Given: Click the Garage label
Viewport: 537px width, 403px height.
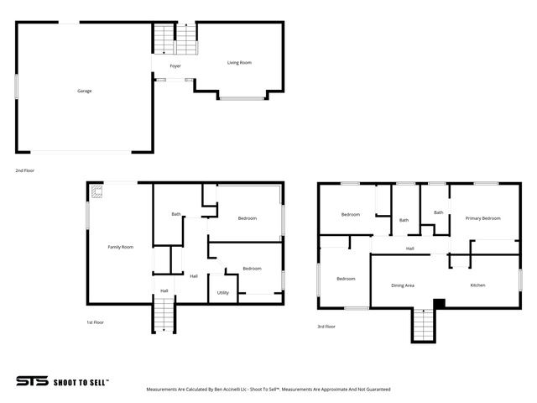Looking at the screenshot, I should (85, 91).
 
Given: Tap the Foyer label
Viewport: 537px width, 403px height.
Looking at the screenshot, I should (175, 65).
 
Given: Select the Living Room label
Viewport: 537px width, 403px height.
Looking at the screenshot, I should (239, 63).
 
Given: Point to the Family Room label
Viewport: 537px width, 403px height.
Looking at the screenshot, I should (120, 247).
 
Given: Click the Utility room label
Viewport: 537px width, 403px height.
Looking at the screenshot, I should (223, 292).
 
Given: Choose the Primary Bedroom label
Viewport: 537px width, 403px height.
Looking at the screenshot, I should (482, 218).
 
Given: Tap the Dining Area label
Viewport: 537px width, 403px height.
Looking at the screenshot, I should (403, 285).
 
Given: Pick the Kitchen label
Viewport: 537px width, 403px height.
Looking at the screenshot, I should (477, 285).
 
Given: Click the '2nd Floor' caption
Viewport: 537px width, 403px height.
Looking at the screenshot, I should (24, 170).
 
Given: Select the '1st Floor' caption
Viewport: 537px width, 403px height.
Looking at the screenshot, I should (96, 322).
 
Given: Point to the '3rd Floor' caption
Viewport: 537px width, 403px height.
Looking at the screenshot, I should (326, 326).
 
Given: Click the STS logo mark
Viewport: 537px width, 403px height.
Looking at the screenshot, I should (32, 380).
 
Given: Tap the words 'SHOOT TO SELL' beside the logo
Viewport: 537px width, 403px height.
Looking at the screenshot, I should (81, 381).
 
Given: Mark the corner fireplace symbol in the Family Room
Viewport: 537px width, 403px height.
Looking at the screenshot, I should (97, 192).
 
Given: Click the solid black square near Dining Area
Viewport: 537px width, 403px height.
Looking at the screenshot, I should (437, 303).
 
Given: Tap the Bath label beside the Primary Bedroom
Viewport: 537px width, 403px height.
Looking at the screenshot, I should (438, 212).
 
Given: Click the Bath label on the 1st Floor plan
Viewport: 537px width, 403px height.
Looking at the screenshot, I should (176, 214).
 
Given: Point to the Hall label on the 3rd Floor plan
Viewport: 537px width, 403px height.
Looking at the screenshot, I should (409, 249).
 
